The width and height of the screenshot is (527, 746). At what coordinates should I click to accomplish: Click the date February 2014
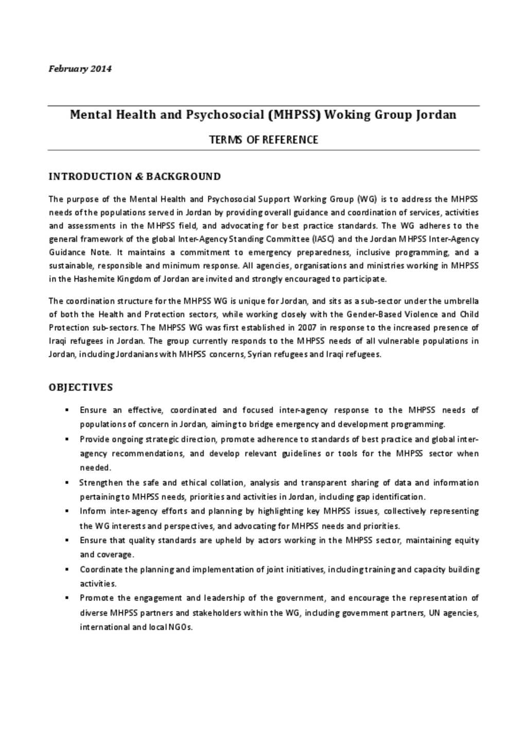(x=80, y=68)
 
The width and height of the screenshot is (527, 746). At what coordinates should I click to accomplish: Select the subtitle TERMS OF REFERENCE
(x=263, y=140)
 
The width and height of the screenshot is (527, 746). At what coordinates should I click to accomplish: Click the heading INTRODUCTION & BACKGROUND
(x=134, y=177)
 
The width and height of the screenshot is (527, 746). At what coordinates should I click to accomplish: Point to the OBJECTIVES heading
(x=81, y=387)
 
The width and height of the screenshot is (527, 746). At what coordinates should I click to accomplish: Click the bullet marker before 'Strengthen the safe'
(x=67, y=483)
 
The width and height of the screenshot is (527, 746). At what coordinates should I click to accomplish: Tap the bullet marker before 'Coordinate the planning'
(x=67, y=569)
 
